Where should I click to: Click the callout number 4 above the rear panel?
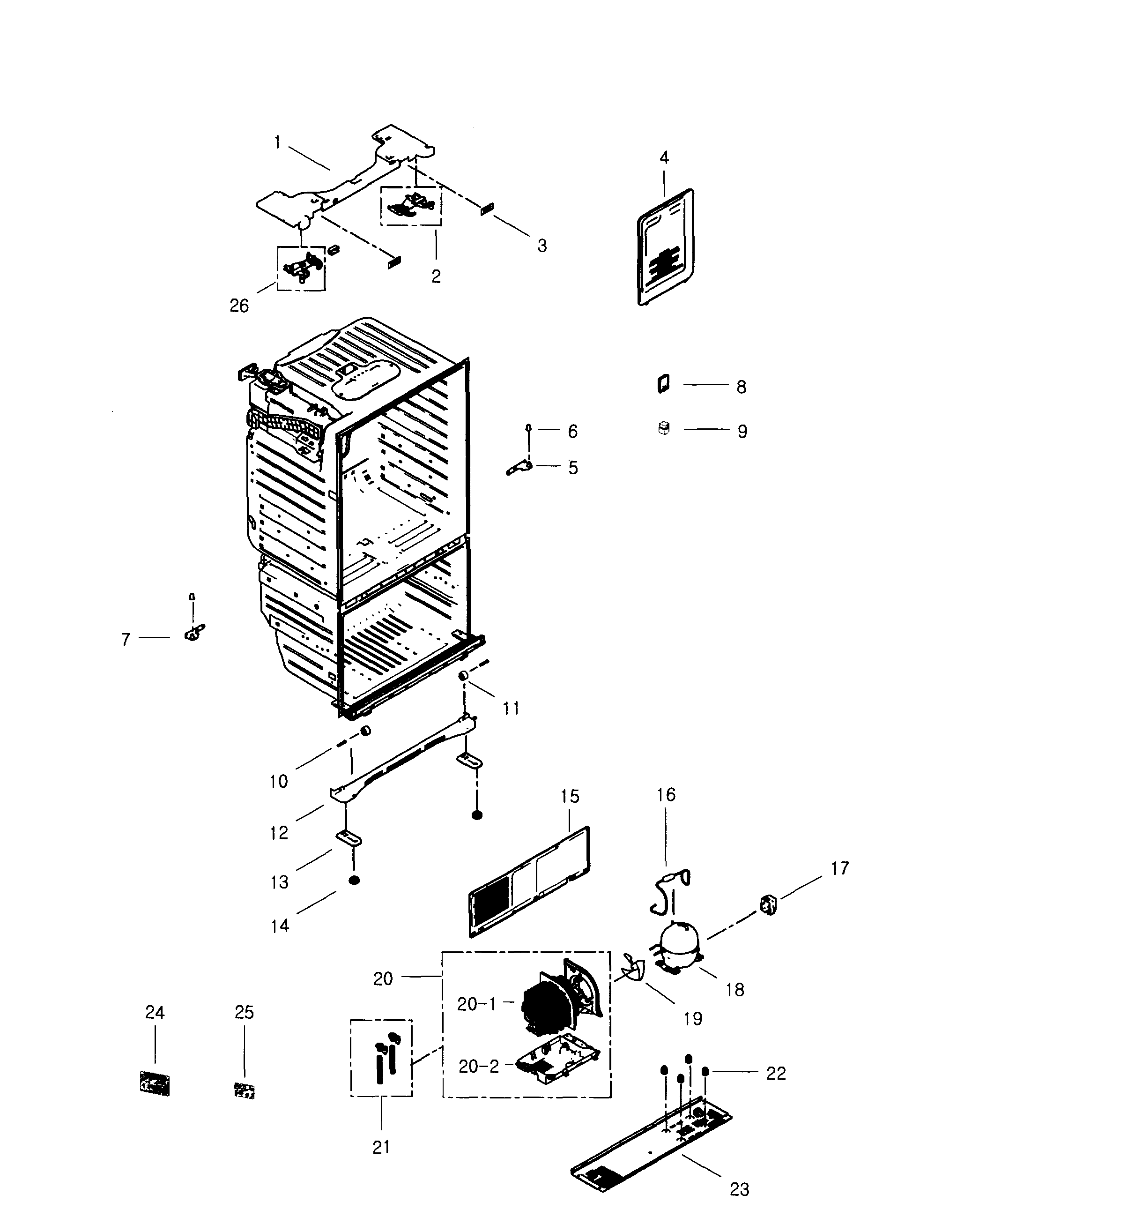pos(664,158)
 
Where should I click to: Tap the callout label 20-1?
pos(476,1004)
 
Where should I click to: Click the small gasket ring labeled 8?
pos(663,384)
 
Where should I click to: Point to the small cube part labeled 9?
pos(663,428)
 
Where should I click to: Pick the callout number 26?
pos(239,306)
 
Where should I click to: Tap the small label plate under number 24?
pos(154,1084)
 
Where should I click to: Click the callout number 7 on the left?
pos(126,640)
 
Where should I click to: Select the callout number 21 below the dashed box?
pos(381,1147)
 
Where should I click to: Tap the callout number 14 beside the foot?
pos(280,926)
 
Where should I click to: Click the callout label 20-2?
pos(478,1067)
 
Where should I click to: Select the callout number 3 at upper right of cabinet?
pos(542,246)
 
